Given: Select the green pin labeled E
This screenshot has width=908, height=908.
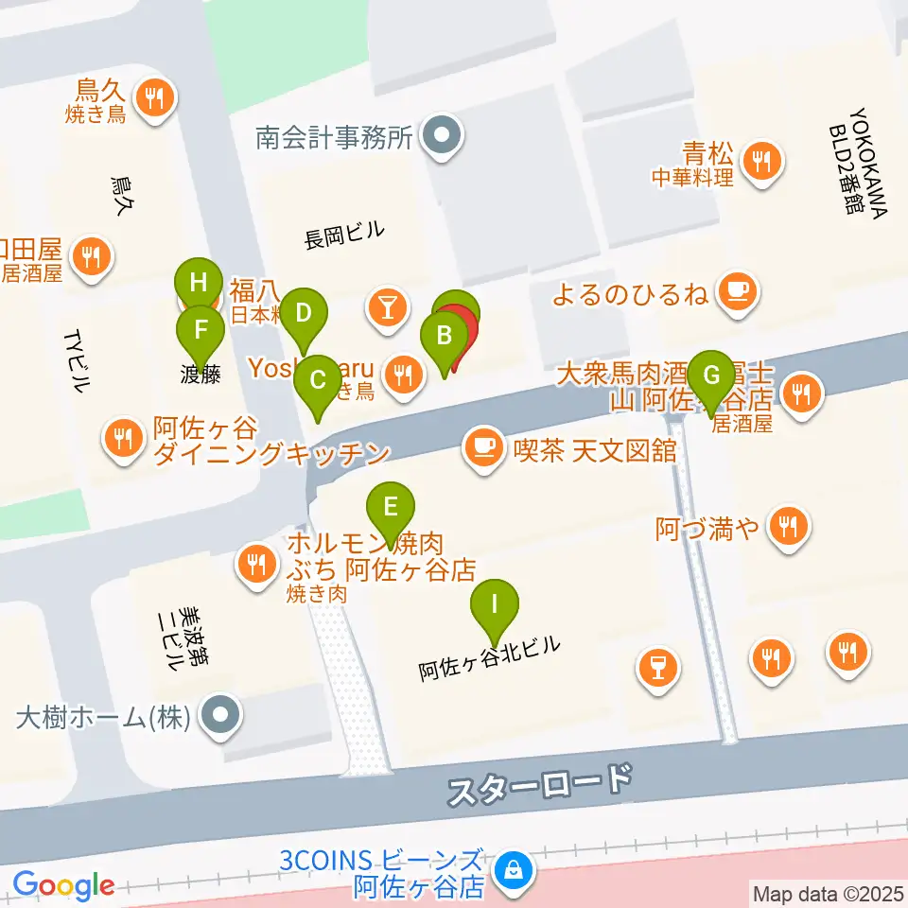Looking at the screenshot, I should tap(389, 506).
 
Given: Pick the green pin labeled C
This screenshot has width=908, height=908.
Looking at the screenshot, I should tap(318, 380).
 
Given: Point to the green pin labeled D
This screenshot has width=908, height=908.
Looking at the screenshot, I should tap(304, 312).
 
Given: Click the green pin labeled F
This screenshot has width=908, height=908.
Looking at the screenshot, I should tap(201, 330).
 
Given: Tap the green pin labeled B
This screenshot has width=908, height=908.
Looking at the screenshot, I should tap(443, 336).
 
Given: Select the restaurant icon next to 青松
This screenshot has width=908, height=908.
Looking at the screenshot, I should tap(760, 159).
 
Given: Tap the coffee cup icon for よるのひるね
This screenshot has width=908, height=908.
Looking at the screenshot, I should tap(736, 289).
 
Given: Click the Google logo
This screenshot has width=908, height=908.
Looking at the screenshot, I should tap(63, 885).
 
